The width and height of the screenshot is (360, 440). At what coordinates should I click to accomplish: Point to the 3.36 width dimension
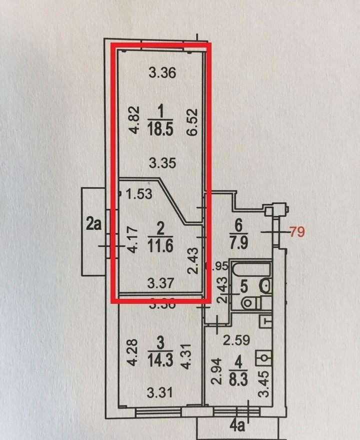pos(163,73)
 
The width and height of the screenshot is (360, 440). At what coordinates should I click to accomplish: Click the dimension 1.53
pos(140,194)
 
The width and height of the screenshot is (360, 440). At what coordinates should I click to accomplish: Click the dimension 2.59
pos(236,342)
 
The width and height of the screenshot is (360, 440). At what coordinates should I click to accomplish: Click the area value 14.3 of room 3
pos(160,360)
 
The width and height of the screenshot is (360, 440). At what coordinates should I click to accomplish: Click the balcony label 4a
pos(238,427)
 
